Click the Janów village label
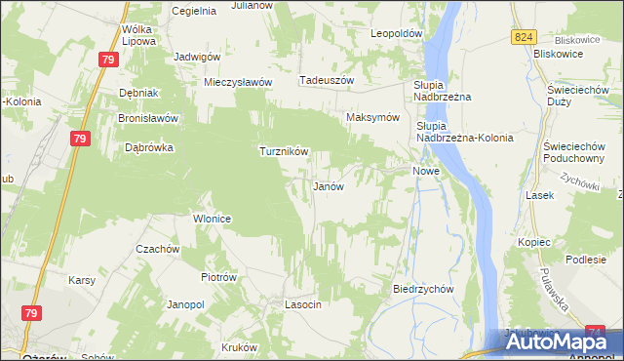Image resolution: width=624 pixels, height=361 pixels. pyautogui.click(x=327, y=185)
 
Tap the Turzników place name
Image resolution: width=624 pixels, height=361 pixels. pyautogui.click(x=284, y=152)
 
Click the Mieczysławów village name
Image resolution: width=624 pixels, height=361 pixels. pyautogui.click(x=237, y=83)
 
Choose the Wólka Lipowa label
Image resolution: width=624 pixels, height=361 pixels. pyautogui.click(x=139, y=36)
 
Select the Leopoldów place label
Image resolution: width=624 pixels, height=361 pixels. pyautogui.click(x=396, y=33)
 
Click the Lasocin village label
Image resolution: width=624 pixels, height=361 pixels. pyautogui.click(x=302, y=305)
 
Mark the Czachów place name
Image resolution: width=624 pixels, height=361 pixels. pyautogui.click(x=158, y=249)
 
